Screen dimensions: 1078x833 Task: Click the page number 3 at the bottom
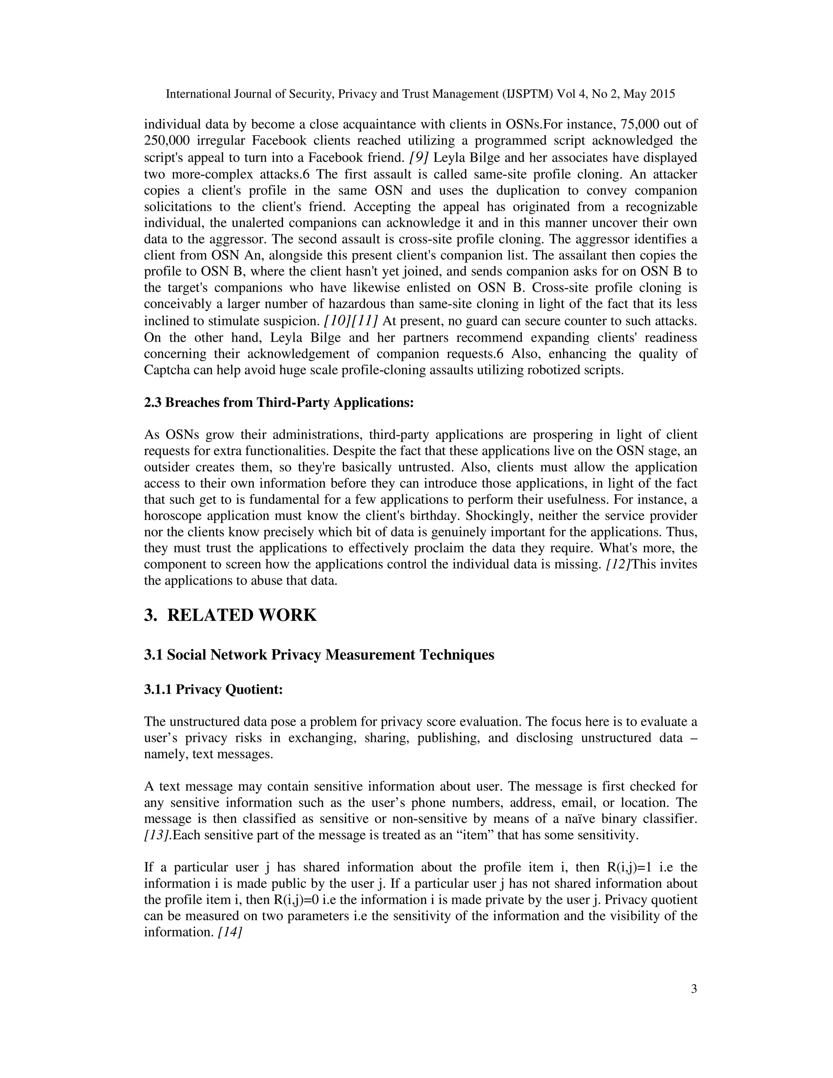click(x=694, y=989)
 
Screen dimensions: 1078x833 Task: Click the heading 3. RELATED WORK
click(x=231, y=615)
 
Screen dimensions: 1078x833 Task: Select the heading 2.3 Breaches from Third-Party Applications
click(x=279, y=402)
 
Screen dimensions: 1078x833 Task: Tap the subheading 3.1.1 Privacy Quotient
click(x=213, y=689)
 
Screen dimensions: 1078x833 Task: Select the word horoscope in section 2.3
click(x=172, y=516)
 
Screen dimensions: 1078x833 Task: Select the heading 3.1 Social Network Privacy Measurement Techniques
click(x=319, y=655)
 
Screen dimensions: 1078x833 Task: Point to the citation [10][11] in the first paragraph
click(x=350, y=321)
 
